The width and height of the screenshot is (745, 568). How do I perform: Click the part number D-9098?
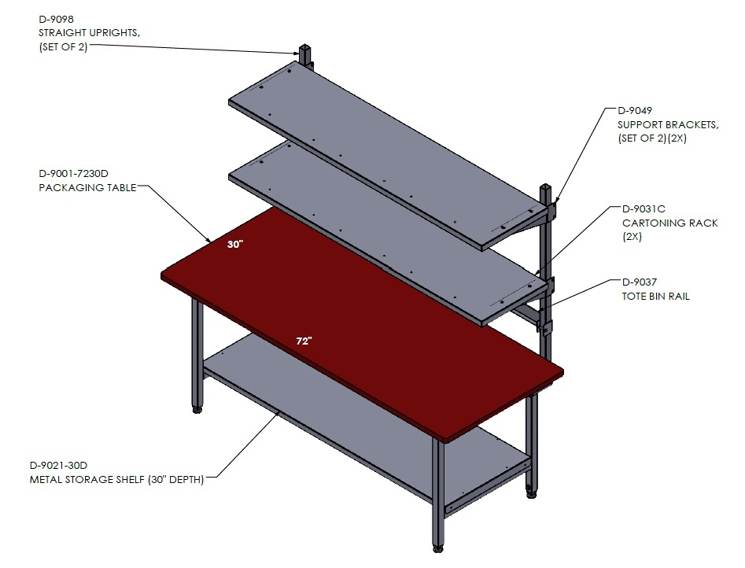tap(56, 20)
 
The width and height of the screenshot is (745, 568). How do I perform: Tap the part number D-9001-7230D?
tap(73, 174)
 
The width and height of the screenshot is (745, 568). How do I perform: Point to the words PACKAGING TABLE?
tap(87, 188)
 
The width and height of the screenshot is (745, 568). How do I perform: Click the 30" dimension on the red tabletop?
tap(235, 245)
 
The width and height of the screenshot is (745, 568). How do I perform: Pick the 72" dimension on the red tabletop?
tap(304, 341)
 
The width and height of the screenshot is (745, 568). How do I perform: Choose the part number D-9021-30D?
tap(58, 465)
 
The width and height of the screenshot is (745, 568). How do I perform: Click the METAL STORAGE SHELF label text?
tap(87, 480)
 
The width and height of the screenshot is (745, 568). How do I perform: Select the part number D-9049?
tap(635, 111)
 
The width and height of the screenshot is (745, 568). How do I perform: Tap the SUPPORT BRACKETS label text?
tap(668, 124)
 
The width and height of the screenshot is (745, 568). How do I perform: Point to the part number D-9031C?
tap(644, 208)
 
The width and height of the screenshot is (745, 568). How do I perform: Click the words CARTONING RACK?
tap(670, 223)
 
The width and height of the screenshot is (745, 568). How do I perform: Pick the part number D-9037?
tap(640, 282)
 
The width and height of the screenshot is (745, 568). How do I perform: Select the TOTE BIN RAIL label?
tap(655, 296)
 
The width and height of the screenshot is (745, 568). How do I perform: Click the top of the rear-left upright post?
tap(304, 47)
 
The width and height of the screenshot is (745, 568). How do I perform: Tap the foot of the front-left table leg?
tap(197, 409)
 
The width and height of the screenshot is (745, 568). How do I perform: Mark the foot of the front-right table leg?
tap(437, 548)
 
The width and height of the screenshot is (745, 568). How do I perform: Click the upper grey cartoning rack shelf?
tap(387, 154)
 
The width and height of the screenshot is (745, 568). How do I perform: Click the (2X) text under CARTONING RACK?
tap(632, 237)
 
